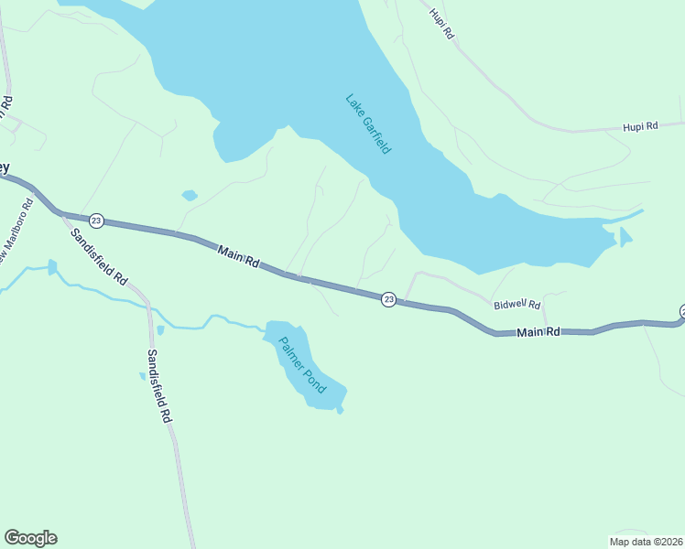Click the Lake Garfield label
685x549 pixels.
(x=368, y=124)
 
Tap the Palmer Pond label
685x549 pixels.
(x=302, y=365)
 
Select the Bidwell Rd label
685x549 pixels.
(x=517, y=305)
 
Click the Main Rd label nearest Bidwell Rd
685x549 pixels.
(x=538, y=332)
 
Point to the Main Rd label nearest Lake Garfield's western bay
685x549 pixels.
(x=237, y=255)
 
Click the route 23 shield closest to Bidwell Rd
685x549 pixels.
(x=388, y=299)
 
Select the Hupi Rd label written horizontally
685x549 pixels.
(x=640, y=126)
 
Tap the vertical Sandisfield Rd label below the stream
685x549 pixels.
(x=158, y=385)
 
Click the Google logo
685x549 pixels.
(x=30, y=538)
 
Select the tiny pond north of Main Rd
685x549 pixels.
(x=190, y=195)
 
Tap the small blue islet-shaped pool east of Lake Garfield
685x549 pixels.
(x=625, y=238)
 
